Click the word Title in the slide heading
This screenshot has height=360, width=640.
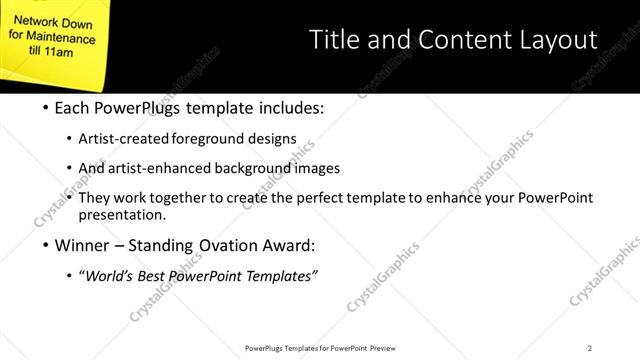(333, 40)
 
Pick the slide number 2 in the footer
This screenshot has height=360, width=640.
(590, 347)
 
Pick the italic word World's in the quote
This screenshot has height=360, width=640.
(112, 276)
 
